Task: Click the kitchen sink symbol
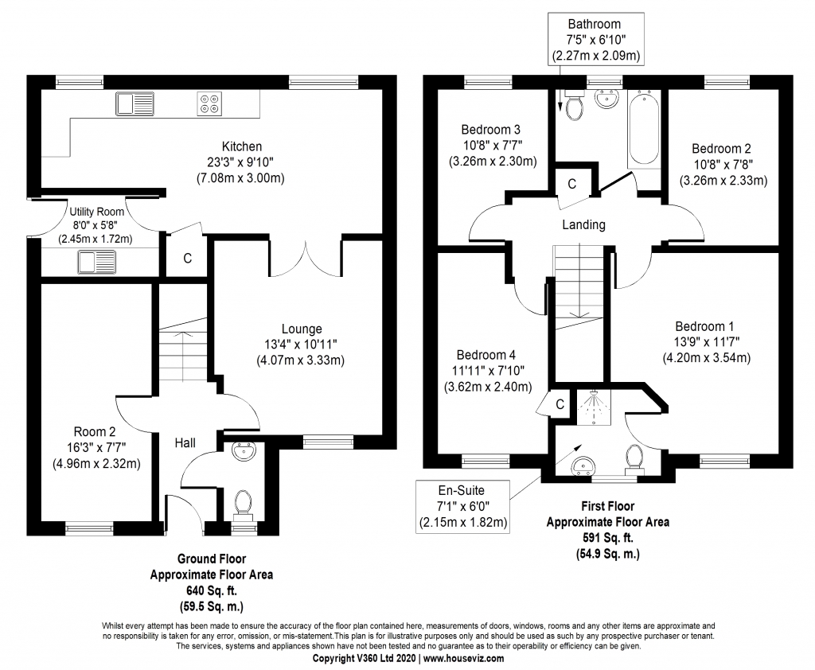[134, 103]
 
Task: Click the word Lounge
[302, 329]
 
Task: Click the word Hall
[185, 442]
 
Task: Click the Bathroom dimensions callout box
[595, 40]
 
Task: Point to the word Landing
[583, 224]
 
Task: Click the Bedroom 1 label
[704, 326]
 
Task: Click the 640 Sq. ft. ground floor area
[212, 590]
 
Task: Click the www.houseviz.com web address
[462, 659]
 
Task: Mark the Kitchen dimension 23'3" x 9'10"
[242, 162]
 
